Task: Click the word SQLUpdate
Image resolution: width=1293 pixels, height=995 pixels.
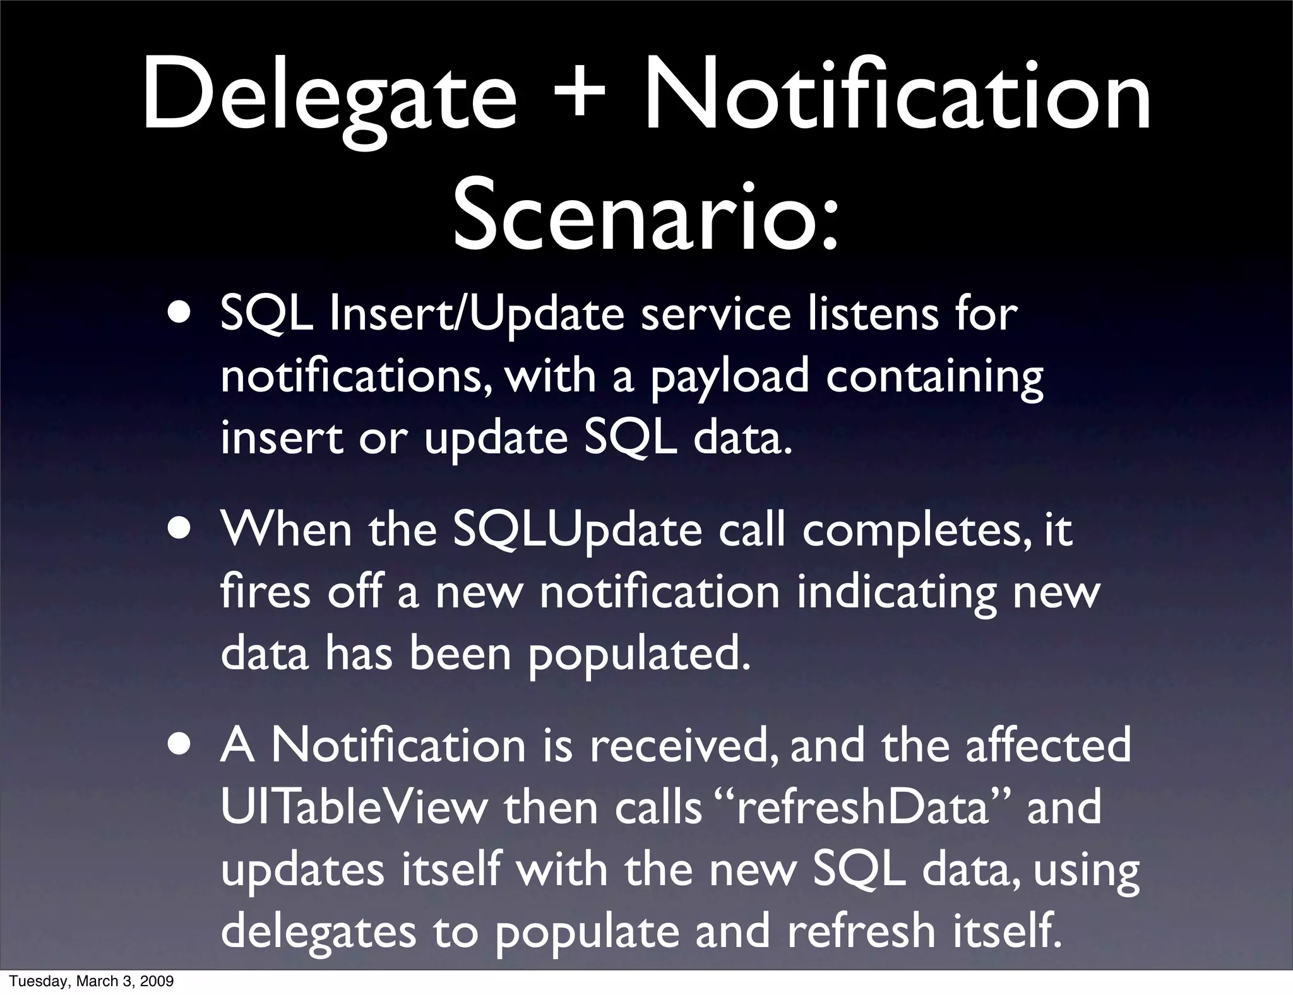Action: click(578, 531)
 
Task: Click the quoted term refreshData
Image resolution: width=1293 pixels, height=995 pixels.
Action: click(862, 809)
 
